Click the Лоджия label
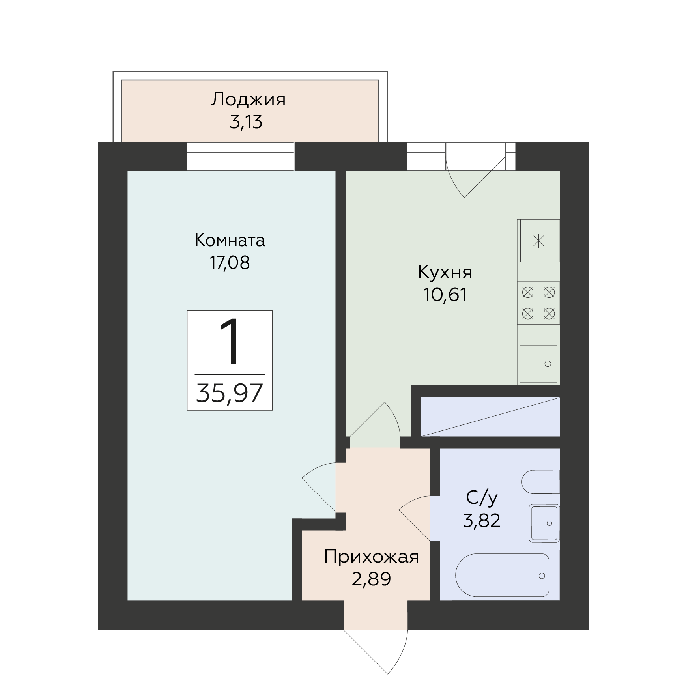248,100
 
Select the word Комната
230,240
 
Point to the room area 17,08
230,263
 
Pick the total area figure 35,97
230,393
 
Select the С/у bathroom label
482,499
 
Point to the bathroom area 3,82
482,520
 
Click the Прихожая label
371,557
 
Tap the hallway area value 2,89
371,579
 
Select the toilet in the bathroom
540,482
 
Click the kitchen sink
538,364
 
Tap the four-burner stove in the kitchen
538,303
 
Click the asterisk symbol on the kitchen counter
538,241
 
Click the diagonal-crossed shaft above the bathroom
490,417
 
